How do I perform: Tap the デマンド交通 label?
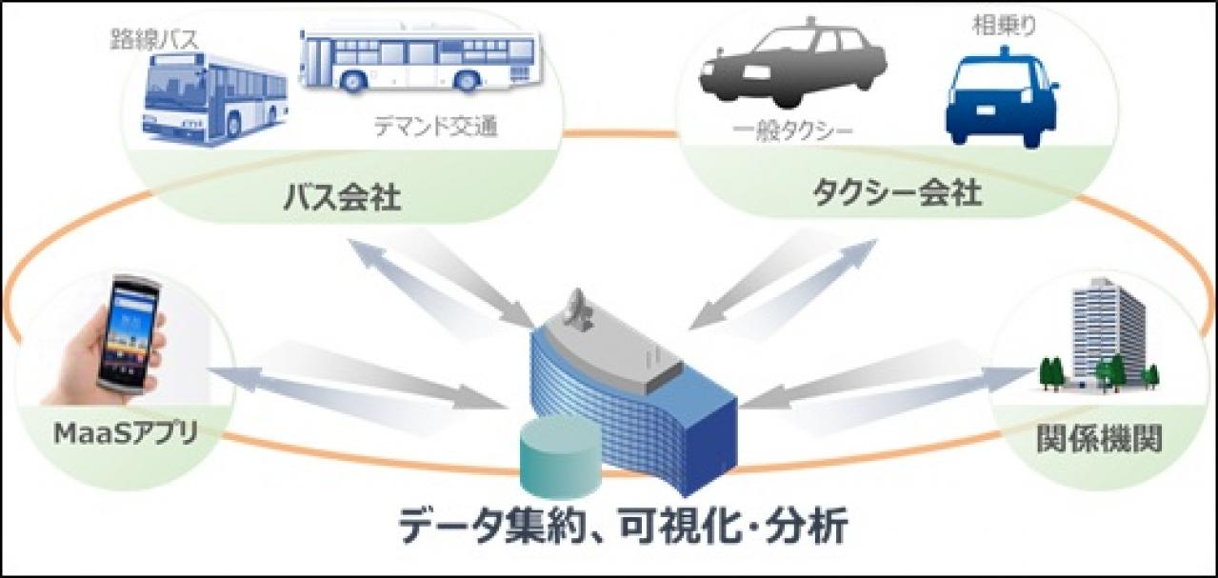(x=435, y=128)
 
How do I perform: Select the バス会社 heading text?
(x=342, y=198)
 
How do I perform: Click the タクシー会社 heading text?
(x=897, y=193)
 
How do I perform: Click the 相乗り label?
(x=1004, y=26)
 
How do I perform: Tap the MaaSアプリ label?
(x=126, y=434)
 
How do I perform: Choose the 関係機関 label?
(x=1099, y=439)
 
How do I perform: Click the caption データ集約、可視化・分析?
(x=623, y=526)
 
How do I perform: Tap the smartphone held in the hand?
(x=129, y=336)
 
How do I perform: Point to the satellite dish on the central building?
(x=578, y=309)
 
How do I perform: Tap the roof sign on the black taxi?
(x=811, y=21)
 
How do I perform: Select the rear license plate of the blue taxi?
(x=986, y=110)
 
